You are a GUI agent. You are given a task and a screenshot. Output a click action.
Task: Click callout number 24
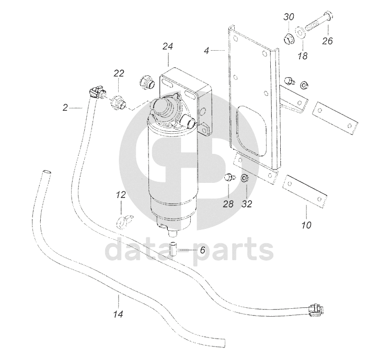[167, 47]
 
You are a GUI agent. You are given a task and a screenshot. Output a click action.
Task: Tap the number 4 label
[206, 51]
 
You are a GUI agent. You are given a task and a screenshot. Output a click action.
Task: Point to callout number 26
[327, 40]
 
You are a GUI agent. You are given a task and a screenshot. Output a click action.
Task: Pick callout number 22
[119, 73]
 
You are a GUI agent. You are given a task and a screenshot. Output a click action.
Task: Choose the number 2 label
[65, 108]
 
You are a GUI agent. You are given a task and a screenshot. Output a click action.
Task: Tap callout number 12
[121, 195]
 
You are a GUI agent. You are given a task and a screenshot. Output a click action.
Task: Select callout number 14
[119, 315]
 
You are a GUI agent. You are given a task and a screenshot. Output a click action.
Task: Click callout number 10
[306, 226]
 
